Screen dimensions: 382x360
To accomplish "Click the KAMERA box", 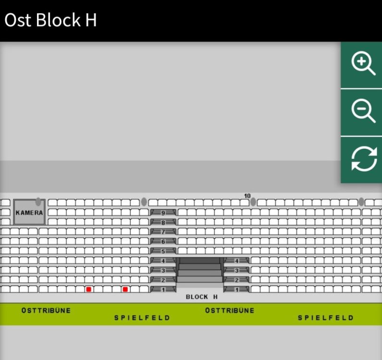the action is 29,212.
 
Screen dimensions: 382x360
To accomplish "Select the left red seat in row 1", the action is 89,289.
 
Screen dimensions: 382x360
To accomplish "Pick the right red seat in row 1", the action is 125,289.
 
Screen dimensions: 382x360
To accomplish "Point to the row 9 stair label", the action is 163,213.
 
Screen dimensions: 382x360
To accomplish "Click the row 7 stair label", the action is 163,232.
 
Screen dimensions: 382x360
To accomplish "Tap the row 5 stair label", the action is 163,251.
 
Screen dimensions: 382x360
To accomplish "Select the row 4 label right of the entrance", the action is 236,261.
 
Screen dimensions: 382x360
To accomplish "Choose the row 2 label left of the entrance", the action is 163,280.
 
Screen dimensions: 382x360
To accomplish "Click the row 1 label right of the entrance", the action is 236,289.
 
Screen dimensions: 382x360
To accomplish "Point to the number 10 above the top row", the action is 247,196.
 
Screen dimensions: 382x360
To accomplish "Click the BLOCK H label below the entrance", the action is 202,297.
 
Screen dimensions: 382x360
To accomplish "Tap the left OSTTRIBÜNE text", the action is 46,311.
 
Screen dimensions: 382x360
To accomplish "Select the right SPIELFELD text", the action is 326,318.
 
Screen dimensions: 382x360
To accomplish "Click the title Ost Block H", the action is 50,20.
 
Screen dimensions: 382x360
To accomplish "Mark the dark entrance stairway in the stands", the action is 200,270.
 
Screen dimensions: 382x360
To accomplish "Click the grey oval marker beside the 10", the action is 253,202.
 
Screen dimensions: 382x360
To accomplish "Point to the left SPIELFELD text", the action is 142,318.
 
